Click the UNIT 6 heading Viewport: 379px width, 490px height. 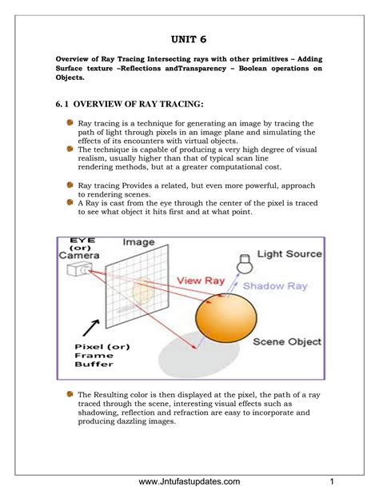pos(189,39)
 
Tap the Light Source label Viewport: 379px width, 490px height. pos(289,253)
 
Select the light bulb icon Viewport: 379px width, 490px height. pos(244,264)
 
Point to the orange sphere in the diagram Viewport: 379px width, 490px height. pos(226,318)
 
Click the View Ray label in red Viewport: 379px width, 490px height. pos(201,281)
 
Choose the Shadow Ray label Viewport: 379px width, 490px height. pos(275,286)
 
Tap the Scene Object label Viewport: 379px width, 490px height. pos(287,342)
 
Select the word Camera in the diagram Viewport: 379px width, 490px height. pos(79,255)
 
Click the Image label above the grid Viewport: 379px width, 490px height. pos(138,242)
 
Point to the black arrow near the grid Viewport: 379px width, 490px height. pos(91,328)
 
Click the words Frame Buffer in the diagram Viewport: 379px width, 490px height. pos(94,360)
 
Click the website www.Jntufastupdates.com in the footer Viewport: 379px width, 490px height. pos(189,481)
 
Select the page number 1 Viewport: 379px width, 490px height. pos(332,481)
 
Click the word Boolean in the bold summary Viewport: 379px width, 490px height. pos(252,69)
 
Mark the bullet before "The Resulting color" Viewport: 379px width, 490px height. pos(70,394)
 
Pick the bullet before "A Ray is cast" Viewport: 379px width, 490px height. pos(70,202)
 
